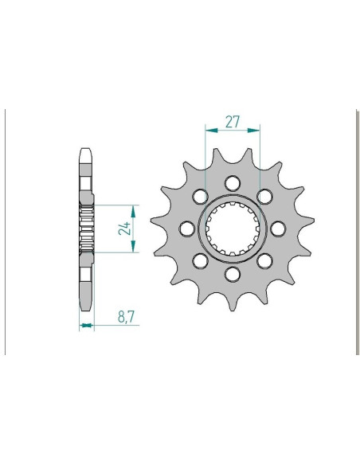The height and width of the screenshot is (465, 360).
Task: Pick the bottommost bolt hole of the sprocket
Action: point(233,275)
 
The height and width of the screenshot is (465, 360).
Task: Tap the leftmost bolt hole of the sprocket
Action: point(186,229)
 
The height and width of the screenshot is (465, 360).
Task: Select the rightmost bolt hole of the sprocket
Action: point(278,229)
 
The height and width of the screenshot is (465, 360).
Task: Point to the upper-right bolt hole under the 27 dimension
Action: point(265,196)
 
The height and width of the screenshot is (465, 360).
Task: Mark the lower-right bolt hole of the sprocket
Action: point(265,261)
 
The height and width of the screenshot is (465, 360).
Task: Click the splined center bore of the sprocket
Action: point(233,229)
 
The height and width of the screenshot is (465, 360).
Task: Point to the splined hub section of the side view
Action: point(86,229)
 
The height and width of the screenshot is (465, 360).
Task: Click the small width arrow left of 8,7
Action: point(86,325)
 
